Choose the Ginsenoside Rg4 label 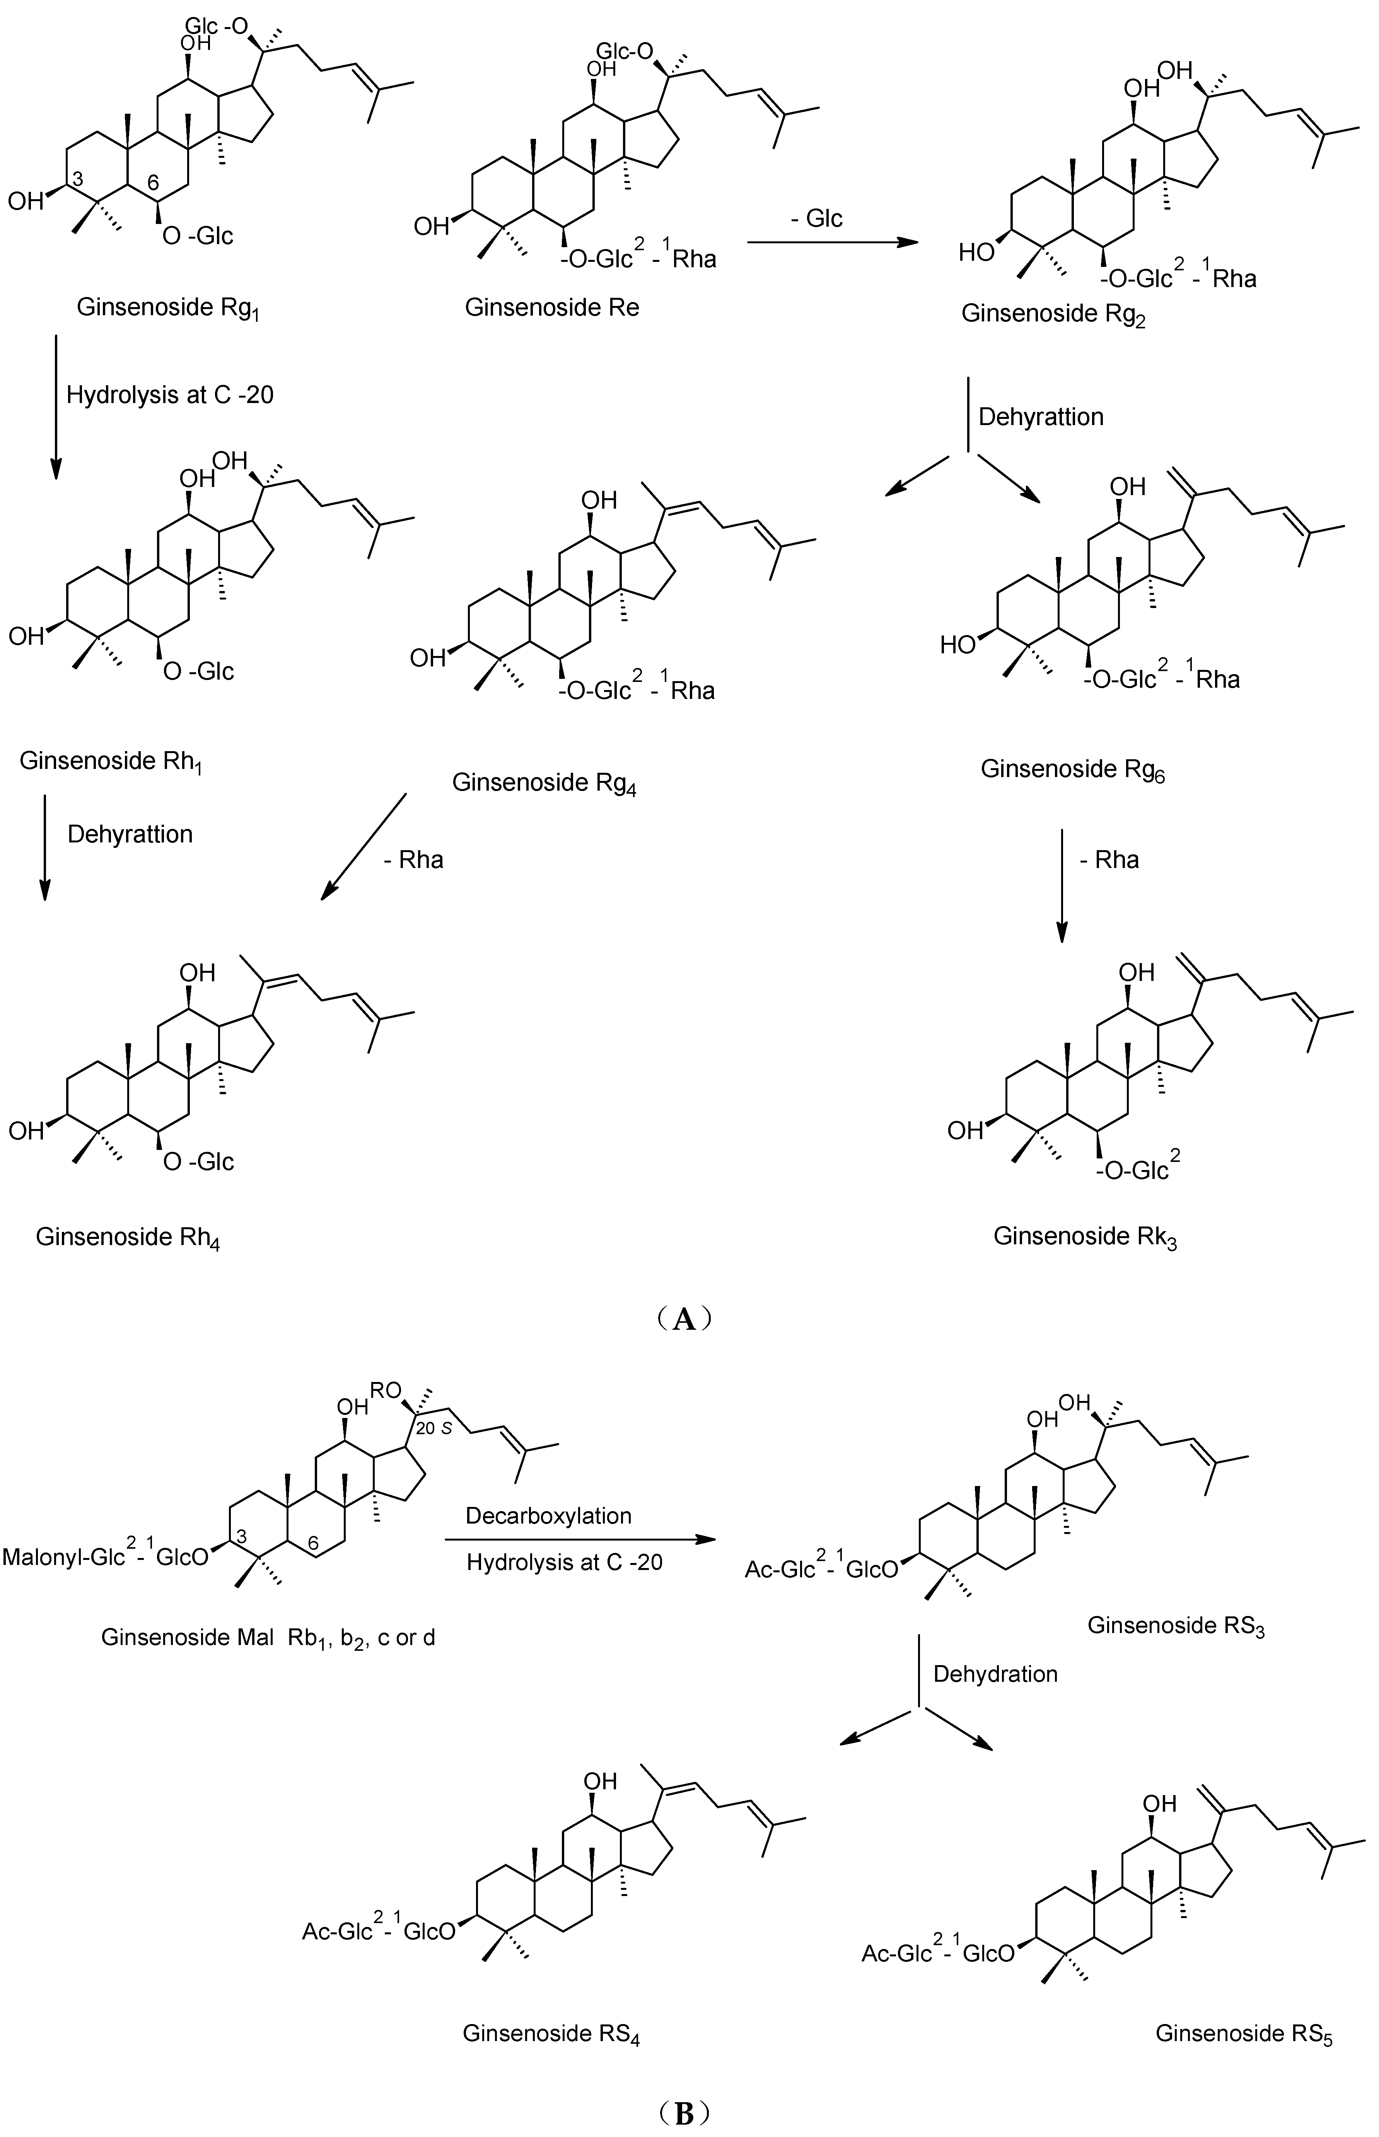544,784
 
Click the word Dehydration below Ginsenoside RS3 995,1674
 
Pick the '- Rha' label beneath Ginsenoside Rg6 1109,860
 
